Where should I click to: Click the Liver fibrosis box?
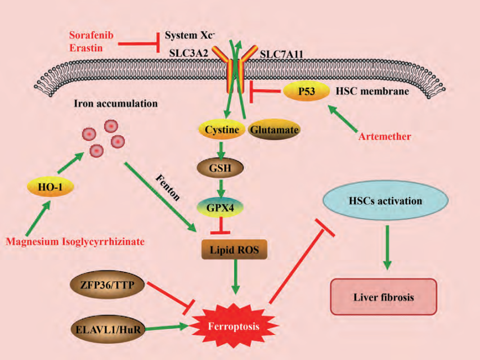tap(384, 296)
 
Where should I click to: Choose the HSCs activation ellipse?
tap(384, 201)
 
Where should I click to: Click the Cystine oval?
tap(221, 130)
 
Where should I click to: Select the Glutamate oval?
tap(274, 130)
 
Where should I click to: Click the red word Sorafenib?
tap(92, 36)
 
